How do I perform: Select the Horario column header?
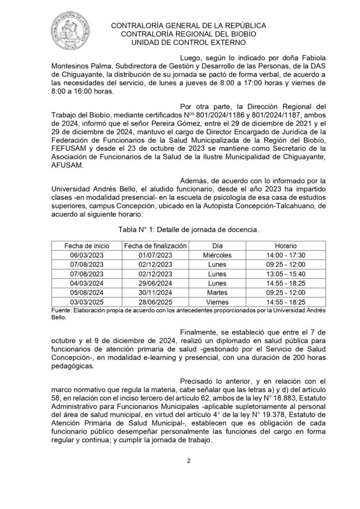285,246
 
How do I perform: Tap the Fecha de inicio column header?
87,246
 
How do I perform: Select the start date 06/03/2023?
87,255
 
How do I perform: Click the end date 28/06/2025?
155,302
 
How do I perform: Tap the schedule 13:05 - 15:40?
285,274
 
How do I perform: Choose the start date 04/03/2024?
87,283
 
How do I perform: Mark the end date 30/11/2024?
155,292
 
